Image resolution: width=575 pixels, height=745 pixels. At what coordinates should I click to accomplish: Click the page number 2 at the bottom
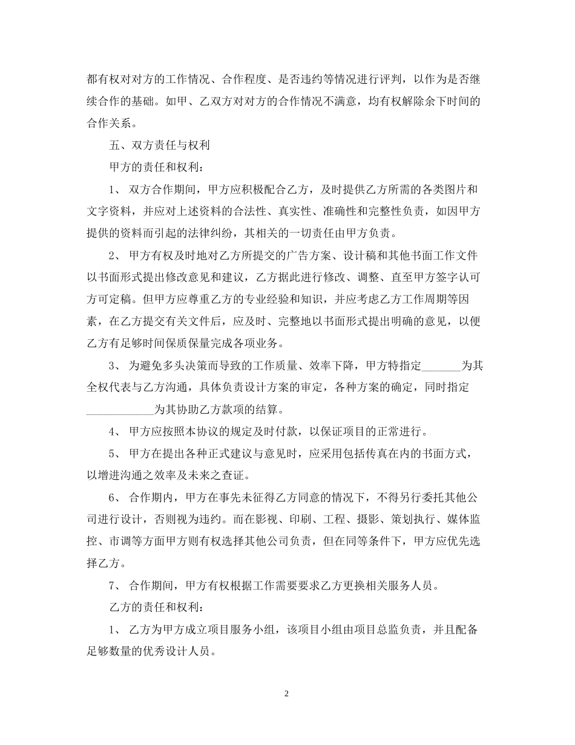pos(287,694)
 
